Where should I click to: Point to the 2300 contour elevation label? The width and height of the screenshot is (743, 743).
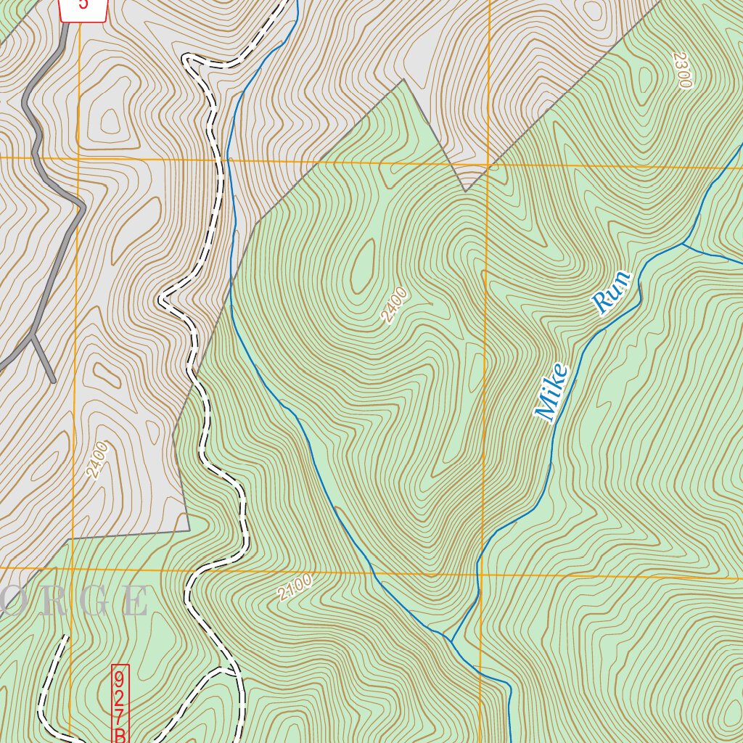(x=681, y=70)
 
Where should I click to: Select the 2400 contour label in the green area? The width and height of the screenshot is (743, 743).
(x=394, y=305)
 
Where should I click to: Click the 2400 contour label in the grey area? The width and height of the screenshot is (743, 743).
(x=97, y=459)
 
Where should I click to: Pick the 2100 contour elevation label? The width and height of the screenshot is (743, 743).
(x=295, y=587)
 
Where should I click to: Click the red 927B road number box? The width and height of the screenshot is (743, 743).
(x=120, y=702)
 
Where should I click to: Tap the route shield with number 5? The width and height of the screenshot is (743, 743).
(x=83, y=6)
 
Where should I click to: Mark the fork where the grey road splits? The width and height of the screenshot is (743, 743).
(x=34, y=334)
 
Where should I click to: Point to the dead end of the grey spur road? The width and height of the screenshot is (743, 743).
(x=54, y=381)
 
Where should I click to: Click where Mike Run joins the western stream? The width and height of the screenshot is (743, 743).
(x=451, y=641)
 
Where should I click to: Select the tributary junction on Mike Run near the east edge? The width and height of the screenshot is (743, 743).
(x=682, y=245)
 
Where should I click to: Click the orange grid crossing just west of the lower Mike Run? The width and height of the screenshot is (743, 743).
(x=480, y=572)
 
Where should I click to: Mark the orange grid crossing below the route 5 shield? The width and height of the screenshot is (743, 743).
(x=76, y=157)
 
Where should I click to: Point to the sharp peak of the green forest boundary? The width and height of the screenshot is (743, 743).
(x=403, y=80)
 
